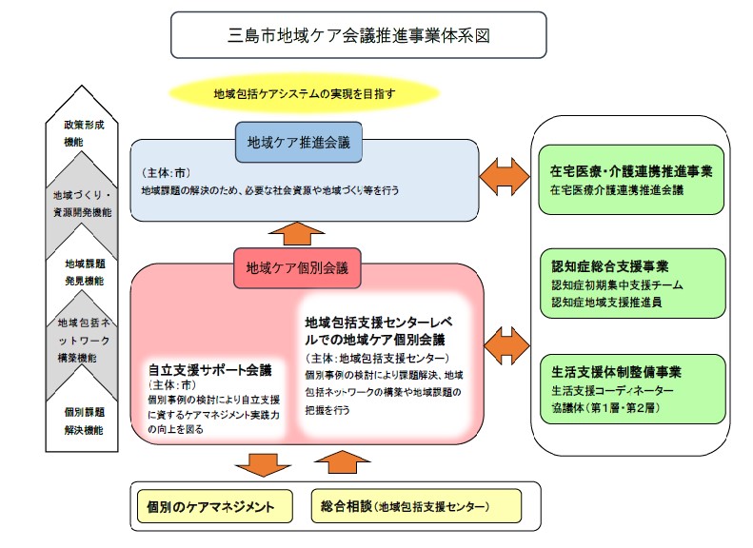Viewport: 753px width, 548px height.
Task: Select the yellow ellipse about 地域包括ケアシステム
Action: click(304, 93)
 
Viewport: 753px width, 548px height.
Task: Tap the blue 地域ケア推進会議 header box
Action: click(298, 143)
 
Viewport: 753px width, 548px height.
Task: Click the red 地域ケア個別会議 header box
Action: click(297, 267)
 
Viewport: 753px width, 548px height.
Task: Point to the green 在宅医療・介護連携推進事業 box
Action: click(631, 180)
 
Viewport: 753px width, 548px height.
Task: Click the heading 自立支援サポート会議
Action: click(209, 369)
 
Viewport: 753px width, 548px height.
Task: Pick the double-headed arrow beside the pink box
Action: click(504, 340)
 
